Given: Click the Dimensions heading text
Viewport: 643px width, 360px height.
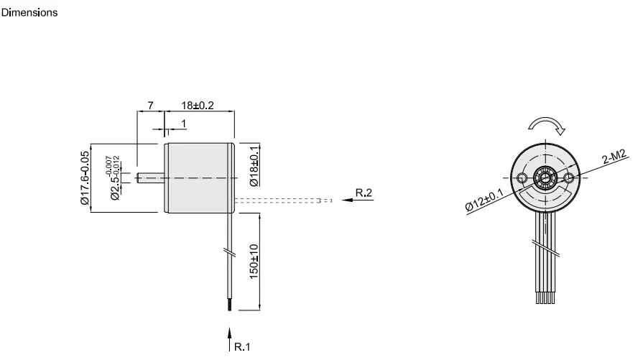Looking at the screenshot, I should tap(30, 14).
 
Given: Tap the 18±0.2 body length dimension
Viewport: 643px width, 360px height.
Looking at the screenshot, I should tap(197, 105).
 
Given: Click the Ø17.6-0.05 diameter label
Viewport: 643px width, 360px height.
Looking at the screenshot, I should tap(85, 178).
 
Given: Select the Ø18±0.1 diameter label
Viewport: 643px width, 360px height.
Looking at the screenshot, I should tap(253, 166).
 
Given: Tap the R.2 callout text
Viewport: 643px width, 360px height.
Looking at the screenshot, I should tap(365, 193).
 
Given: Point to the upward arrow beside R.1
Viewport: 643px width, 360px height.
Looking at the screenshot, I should tap(230, 336).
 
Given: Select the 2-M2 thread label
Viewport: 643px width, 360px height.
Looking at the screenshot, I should tap(614, 157).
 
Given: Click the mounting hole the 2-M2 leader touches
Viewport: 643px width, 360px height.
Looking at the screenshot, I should tap(570, 177).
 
